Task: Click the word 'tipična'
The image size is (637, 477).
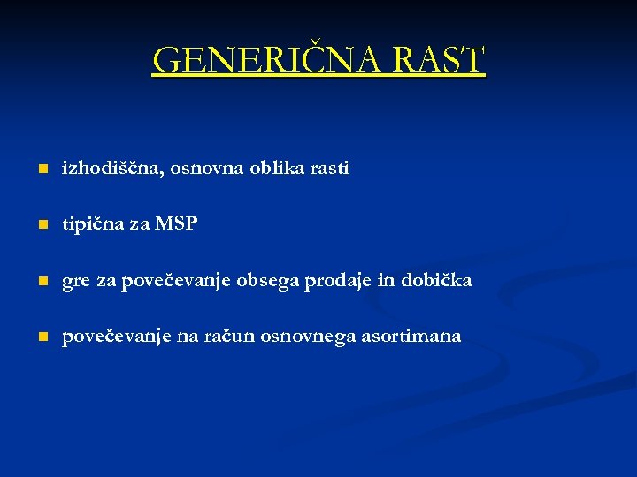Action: click(92, 224)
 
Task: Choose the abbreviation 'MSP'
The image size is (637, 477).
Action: click(176, 224)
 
